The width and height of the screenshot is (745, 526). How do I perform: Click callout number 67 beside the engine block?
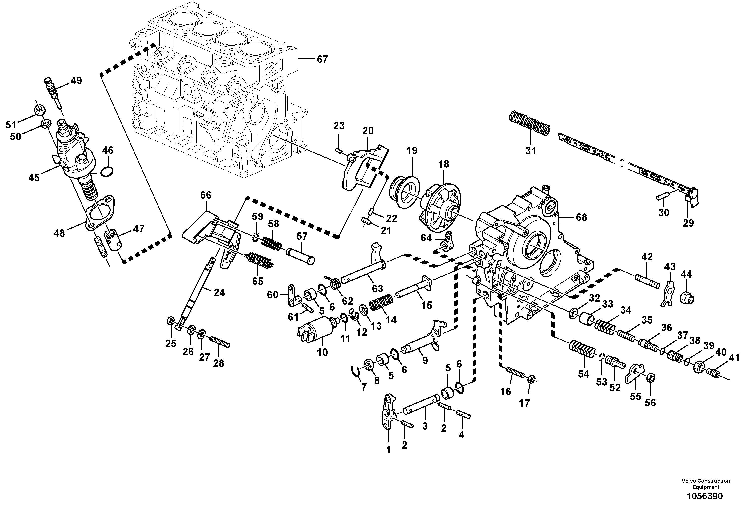[x=322, y=59]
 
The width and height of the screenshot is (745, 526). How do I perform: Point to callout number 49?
[x=76, y=81]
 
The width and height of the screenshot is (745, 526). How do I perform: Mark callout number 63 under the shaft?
[x=377, y=288]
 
